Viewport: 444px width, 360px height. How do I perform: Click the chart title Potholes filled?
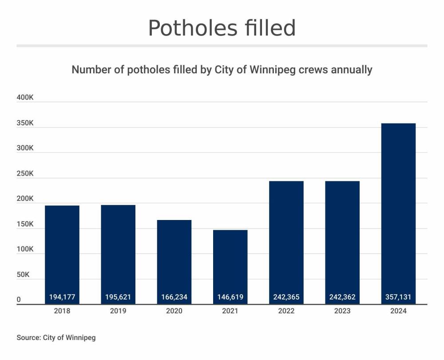click(222, 28)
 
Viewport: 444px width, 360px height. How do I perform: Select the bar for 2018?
click(62, 249)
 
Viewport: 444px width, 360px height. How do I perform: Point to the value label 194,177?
click(62, 297)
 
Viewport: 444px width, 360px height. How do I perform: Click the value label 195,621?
click(118, 297)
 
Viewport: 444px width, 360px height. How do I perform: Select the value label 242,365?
click(286, 297)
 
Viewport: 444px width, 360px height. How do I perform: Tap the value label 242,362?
click(342, 297)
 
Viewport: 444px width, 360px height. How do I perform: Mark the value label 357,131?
click(399, 297)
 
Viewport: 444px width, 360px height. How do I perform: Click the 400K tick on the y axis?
click(25, 98)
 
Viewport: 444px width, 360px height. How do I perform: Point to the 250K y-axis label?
click(25, 174)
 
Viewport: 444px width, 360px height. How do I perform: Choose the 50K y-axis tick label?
click(23, 275)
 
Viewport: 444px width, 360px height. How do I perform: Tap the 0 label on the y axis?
click(19, 300)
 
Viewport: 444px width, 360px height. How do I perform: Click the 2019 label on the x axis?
click(118, 311)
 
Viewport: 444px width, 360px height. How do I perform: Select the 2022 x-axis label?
click(286, 311)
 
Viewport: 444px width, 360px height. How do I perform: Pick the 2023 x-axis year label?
click(342, 311)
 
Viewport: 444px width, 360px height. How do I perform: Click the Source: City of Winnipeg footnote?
click(56, 338)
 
